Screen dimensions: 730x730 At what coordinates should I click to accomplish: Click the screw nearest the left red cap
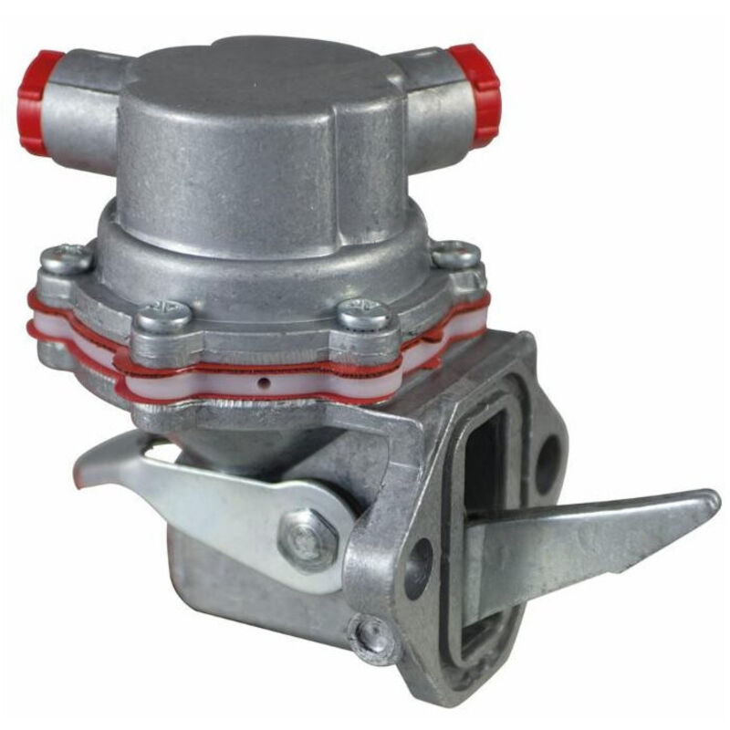pos(66,260)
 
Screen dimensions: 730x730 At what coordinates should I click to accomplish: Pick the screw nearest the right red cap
pos(456,255)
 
